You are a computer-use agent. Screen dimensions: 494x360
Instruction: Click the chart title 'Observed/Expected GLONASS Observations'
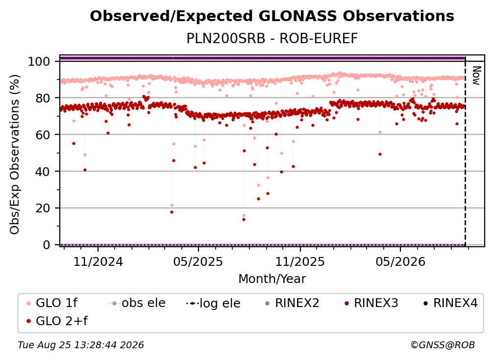272,16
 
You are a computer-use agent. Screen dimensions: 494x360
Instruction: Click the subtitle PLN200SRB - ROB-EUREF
272,38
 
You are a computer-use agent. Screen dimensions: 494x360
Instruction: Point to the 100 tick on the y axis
39,61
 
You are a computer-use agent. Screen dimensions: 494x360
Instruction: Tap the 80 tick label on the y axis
43,98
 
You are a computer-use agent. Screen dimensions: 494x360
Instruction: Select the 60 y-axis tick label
43,134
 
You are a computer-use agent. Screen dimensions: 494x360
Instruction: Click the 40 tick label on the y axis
43,172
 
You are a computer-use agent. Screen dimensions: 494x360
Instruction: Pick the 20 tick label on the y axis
43,208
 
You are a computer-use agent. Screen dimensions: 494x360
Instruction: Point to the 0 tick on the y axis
47,245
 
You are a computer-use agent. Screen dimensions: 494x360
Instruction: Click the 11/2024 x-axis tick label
98,261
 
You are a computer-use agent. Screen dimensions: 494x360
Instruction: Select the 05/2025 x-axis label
198,261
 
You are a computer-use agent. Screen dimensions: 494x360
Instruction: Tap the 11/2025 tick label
300,261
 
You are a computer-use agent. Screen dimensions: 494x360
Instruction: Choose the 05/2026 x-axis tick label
400,261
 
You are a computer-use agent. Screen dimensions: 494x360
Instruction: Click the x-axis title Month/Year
272,279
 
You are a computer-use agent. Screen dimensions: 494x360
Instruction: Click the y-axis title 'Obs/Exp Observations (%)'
15,154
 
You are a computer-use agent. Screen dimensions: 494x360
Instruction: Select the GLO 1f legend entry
51,303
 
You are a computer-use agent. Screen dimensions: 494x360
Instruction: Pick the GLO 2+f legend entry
57,321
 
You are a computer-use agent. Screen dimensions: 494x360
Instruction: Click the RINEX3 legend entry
371,303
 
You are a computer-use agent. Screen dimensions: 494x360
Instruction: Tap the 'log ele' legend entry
213,303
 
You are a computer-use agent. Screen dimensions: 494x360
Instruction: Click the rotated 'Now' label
476,76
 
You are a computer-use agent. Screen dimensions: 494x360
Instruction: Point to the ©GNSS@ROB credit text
443,345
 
